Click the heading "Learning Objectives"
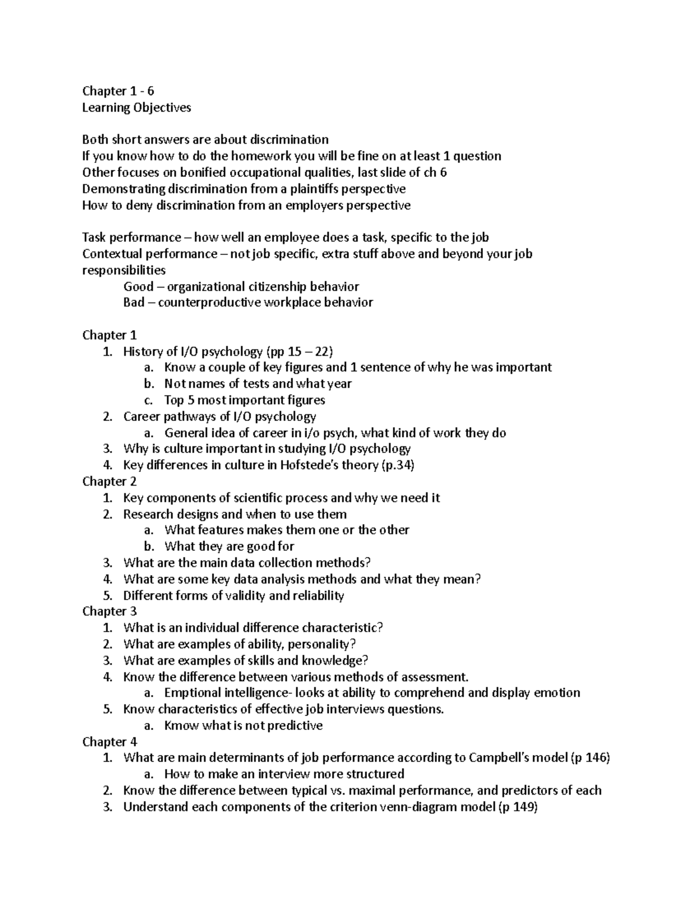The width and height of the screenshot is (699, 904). click(136, 107)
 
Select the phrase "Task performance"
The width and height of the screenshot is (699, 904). click(132, 237)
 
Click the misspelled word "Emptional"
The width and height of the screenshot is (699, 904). click(189, 693)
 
